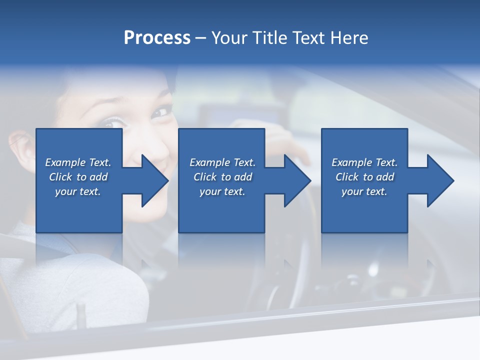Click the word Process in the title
(x=157, y=38)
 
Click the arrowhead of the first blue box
(x=152, y=180)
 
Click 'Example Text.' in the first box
(x=78, y=162)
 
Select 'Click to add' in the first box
(x=78, y=177)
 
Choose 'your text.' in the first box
(x=78, y=191)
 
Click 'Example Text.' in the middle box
(x=222, y=162)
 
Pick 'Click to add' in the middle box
(x=222, y=177)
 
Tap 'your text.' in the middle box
(x=222, y=191)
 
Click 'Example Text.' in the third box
(x=364, y=162)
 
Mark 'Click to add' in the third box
(x=364, y=177)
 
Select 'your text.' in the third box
(x=364, y=191)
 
